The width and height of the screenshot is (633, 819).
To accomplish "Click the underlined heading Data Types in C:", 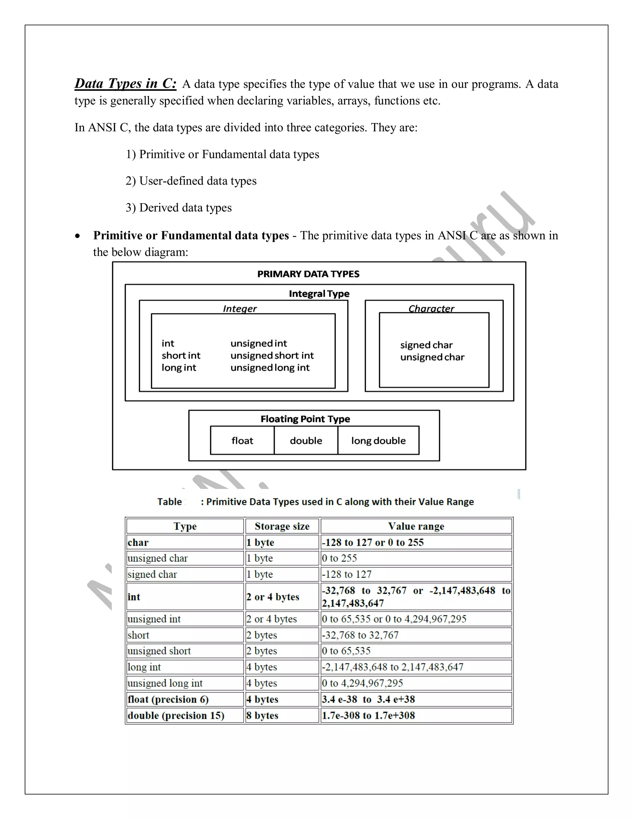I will point(125,83).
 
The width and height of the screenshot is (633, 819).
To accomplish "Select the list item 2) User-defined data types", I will point(191,181).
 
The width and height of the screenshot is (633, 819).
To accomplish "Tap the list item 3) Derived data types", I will point(179,207).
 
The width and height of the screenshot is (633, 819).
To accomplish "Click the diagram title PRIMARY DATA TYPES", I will point(308,274).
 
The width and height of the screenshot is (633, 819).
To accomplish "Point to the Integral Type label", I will point(319,294).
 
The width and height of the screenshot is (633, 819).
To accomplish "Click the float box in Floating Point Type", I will point(242,441).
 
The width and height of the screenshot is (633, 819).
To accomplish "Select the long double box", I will point(378,441).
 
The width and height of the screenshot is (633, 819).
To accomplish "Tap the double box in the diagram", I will point(306,441).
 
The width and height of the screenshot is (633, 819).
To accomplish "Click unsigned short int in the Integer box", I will point(272,355).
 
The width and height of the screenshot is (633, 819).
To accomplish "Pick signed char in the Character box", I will point(426,345).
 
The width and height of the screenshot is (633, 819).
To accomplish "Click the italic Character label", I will point(431,309).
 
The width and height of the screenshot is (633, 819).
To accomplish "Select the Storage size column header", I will point(282,527).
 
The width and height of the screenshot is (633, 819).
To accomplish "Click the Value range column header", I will point(416,527).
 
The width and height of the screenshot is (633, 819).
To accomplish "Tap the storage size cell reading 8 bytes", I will point(262,715).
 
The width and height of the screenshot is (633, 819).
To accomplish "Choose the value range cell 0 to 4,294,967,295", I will point(362,683).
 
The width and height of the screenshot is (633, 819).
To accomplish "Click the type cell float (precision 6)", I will point(168,699).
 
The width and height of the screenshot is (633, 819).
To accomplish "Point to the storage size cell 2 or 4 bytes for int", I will point(273,597).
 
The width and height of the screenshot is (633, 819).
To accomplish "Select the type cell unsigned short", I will point(159,651).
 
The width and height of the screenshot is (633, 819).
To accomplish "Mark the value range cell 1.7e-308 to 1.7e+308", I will point(368,715).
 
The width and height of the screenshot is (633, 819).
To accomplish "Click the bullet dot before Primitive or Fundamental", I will point(77,236).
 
